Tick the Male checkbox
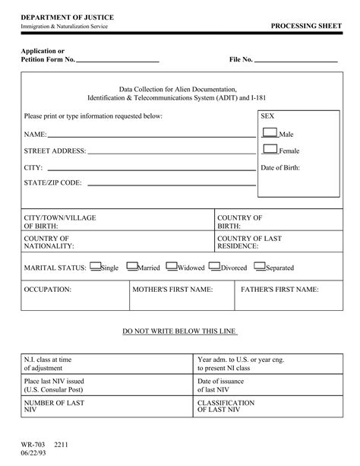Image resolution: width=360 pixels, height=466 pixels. tap(270, 132)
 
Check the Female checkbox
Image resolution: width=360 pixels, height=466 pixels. tap(270, 148)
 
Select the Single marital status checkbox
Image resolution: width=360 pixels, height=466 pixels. tap(95, 266)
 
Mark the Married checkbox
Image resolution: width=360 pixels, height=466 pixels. tap(131, 266)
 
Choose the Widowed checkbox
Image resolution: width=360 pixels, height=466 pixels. tap(171, 266)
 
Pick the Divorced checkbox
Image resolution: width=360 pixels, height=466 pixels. tap(215, 266)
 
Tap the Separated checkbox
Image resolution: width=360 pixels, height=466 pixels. tap(260, 266)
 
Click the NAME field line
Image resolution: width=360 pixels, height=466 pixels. tap(151, 136)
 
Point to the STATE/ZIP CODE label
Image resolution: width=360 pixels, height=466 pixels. tap(52, 183)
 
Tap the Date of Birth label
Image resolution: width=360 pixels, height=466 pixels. tap(280, 167)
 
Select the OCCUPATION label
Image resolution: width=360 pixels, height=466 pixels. tap(48, 290)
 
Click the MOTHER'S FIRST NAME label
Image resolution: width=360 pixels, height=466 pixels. tap(172, 290)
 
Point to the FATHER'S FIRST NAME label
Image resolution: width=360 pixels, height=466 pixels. tap(279, 290)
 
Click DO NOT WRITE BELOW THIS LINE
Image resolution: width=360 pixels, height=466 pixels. tap(180, 331)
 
